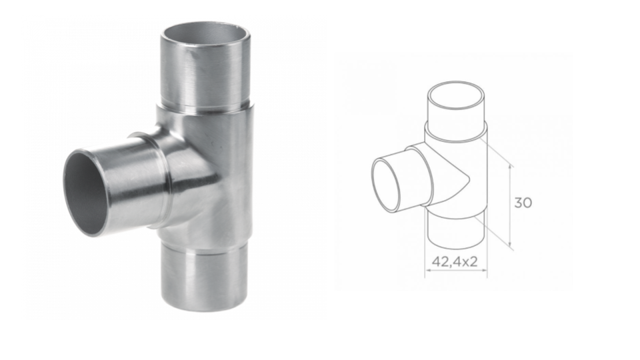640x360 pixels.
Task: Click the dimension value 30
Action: coord(523,203)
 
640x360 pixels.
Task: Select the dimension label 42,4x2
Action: coord(455,261)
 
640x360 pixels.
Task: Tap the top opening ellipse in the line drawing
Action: coord(456,99)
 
